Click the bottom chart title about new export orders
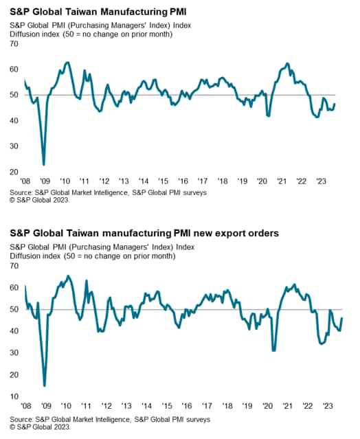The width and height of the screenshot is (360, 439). (x=144, y=234)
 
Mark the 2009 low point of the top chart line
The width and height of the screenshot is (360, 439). (x=44, y=165)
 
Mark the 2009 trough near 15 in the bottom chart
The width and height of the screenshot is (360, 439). (x=45, y=385)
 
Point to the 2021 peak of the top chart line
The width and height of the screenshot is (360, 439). (x=287, y=64)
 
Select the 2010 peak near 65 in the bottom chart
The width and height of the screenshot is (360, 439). (x=67, y=276)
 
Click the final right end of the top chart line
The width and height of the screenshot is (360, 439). (x=335, y=104)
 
